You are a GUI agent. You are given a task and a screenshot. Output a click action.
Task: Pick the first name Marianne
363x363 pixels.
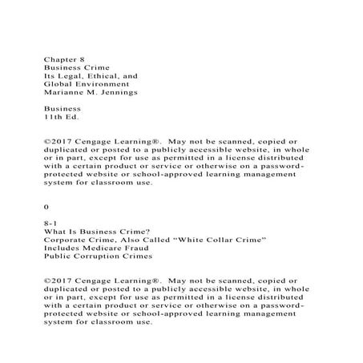pos(63,92)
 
